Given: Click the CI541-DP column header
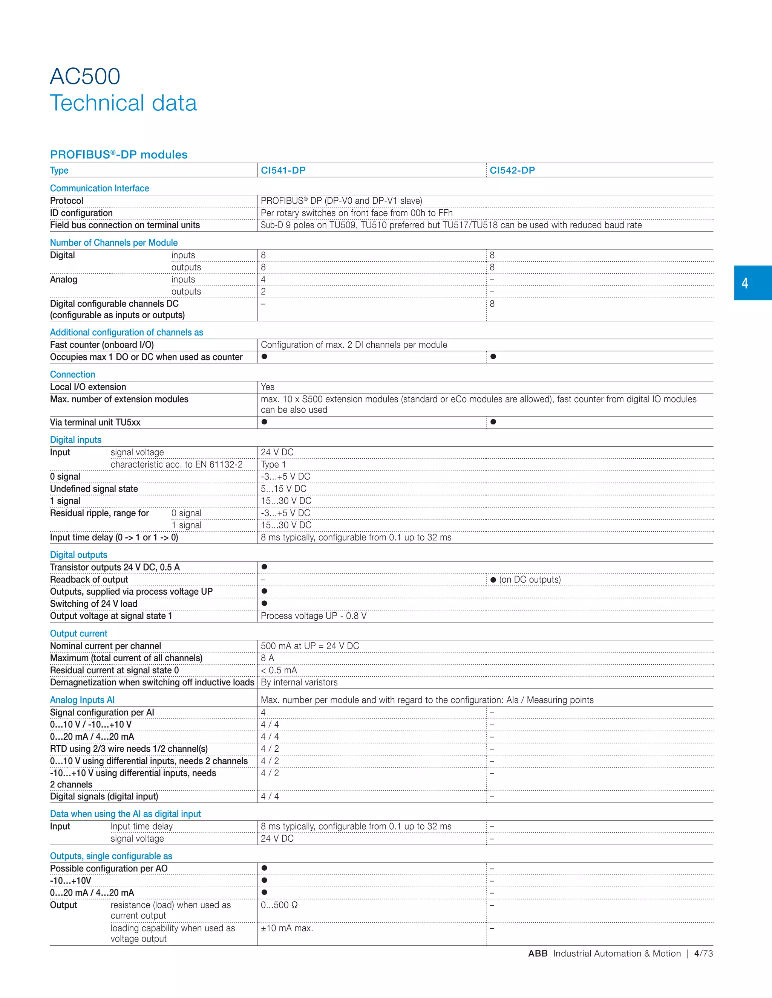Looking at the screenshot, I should coord(283,171).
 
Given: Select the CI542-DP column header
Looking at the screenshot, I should coord(512,171).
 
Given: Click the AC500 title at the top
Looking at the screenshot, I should coord(85,76).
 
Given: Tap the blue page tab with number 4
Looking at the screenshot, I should coord(752,283).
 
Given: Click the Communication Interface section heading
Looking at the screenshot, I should coord(99,188).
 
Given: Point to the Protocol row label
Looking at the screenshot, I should coord(67,201).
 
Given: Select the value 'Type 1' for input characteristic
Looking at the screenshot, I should coord(273,464).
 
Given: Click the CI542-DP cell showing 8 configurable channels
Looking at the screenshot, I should coord(492,304).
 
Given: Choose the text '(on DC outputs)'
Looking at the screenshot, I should coord(530,580).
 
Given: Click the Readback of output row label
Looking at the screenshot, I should coord(89,580).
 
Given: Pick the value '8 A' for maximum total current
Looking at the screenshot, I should coord(267,658).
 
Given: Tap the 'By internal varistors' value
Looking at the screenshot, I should coord(299,682).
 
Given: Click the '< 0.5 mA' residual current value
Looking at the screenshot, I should coord(279,670).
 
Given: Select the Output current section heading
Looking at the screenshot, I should coord(79,633).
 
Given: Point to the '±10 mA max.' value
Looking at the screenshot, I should coord(287,928).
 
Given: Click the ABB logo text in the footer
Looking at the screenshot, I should coord(538,953).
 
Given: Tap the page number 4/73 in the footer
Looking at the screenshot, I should coord(703,953).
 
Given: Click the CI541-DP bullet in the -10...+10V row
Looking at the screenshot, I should coord(264,880).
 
